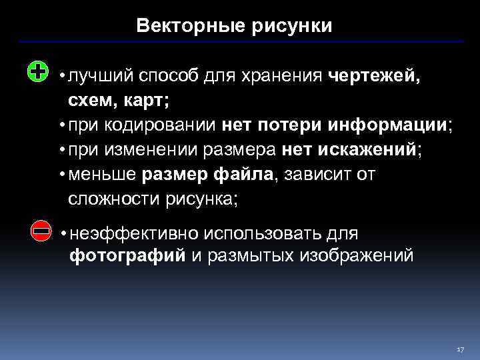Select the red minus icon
(x=41, y=231)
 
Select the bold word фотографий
(x=128, y=256)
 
